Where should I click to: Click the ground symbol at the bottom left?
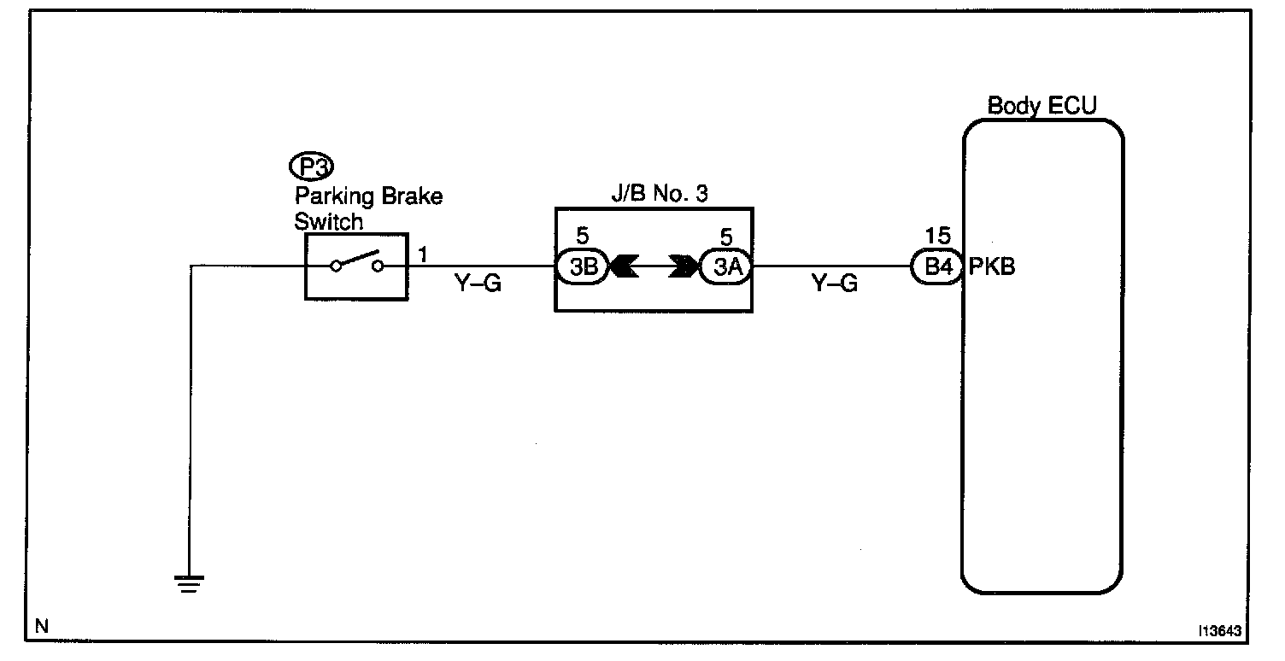coord(189,583)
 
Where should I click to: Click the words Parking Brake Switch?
coord(367,209)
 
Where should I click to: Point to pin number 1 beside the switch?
coord(423,253)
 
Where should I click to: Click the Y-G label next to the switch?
coord(478,284)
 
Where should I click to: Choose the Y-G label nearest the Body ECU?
coord(833,284)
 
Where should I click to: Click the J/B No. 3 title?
coord(654,193)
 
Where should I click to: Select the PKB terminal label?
coord(992,266)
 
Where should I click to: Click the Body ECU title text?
coord(1041,107)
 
